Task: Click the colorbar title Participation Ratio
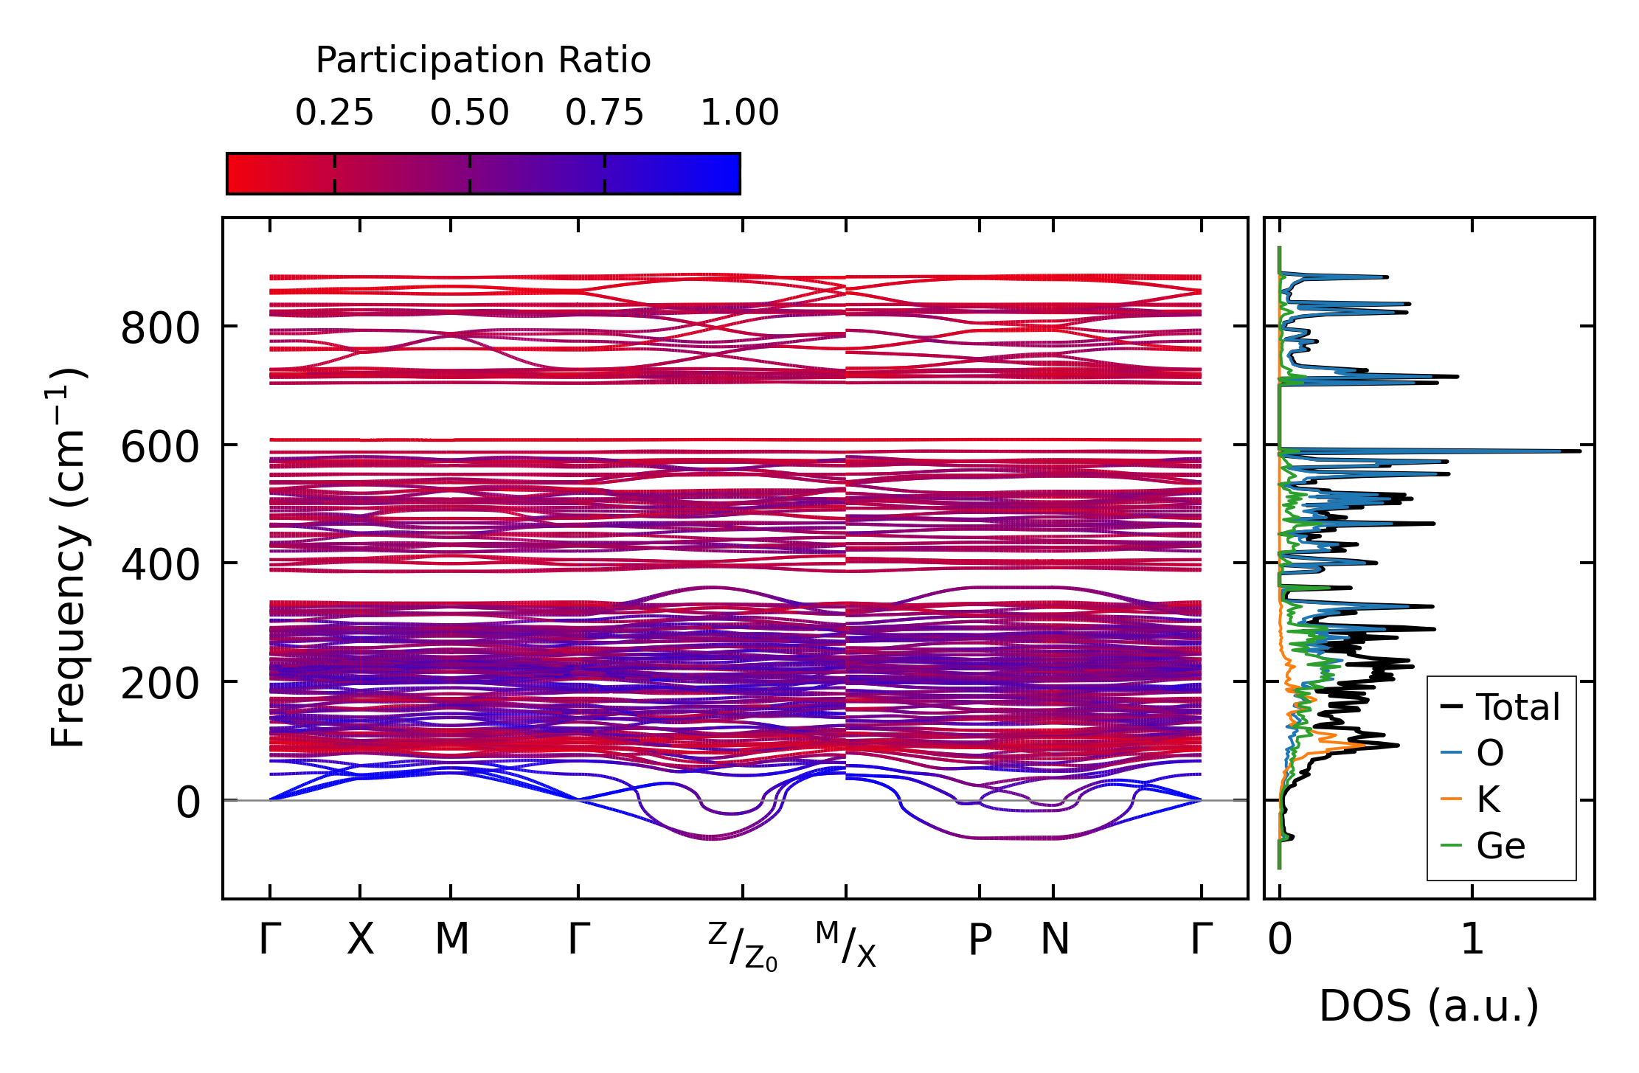tap(483, 60)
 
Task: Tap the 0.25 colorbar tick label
tap(335, 113)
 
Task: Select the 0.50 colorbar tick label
tap(470, 113)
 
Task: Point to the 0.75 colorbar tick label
tap(605, 113)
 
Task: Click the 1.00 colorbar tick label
tap(740, 113)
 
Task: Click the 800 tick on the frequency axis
tap(160, 328)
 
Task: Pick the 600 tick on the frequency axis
tap(160, 447)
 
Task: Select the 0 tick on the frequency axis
tap(188, 802)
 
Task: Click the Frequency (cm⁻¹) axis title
tap(68, 558)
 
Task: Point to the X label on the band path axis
tap(361, 940)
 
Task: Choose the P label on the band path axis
tap(980, 940)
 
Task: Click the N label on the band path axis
tap(1054, 940)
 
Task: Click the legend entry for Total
tap(1500, 707)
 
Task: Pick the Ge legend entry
tap(1483, 845)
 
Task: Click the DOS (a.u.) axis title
tap(1429, 1007)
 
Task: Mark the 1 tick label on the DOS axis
tap(1472, 940)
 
